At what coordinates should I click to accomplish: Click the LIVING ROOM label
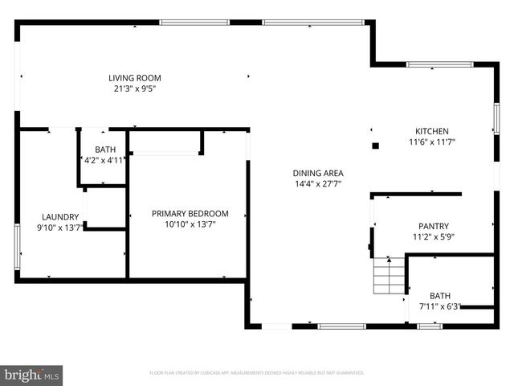coord(135,78)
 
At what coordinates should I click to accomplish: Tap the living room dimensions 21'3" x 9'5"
coord(135,89)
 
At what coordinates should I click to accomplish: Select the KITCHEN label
coord(431,131)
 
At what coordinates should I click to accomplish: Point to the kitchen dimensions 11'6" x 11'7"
coord(431,142)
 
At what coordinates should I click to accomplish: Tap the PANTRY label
coord(434,226)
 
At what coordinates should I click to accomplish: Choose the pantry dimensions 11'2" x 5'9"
coord(434,237)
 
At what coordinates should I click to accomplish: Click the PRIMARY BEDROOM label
coord(190,213)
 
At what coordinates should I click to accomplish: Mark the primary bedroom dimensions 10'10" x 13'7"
coord(190,224)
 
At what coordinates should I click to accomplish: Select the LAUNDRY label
coord(60,216)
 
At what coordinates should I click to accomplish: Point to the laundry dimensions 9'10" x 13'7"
coord(60,228)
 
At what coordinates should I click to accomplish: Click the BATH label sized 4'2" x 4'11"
coord(105,150)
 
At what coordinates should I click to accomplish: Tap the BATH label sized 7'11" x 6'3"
coord(440,295)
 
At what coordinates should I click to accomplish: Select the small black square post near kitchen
coord(375,146)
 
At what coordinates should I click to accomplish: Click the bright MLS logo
coord(31,374)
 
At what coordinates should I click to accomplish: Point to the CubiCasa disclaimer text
coord(257,373)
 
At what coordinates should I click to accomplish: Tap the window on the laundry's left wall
coord(17,246)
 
